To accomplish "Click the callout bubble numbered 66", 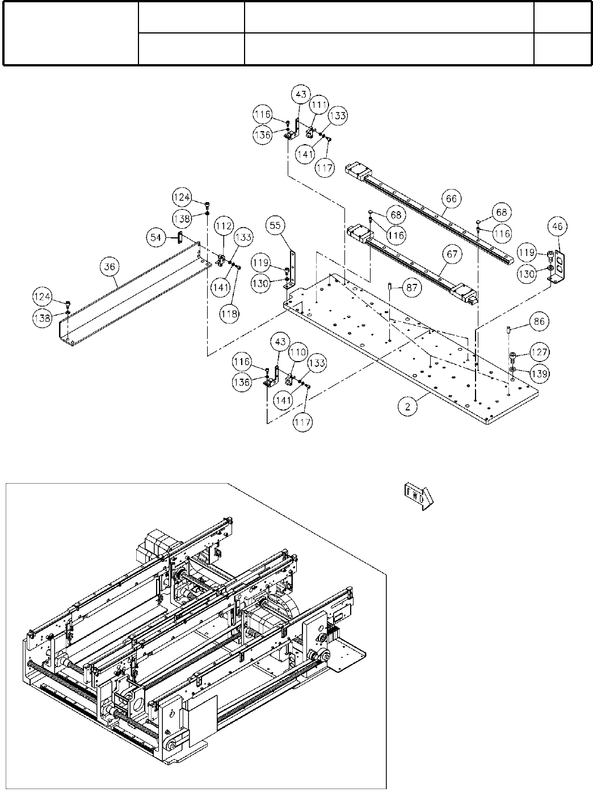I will click(x=451, y=199).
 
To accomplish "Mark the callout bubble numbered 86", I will click(x=538, y=321).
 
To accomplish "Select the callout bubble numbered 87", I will click(x=413, y=288).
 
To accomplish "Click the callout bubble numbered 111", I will click(x=318, y=104).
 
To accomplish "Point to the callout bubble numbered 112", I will click(x=224, y=226).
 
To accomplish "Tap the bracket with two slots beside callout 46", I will click(x=558, y=265).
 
